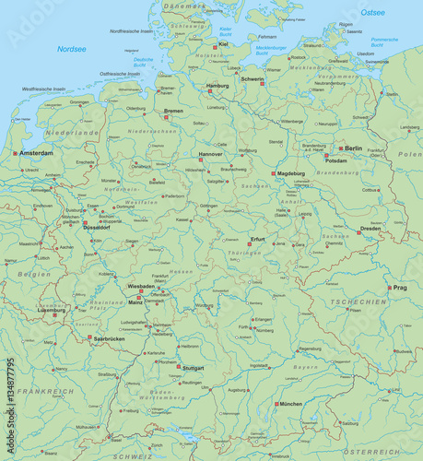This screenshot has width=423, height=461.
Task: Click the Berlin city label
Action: point(354,148)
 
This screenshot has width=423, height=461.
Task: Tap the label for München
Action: point(290,404)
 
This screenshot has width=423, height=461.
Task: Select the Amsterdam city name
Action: point(37,152)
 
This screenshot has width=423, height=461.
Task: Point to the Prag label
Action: point(399,288)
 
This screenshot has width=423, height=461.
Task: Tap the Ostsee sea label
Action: point(373,13)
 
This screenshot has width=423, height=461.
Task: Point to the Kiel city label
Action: point(224,43)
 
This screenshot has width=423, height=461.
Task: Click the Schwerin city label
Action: point(253,79)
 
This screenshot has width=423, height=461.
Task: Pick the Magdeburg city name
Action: point(291,172)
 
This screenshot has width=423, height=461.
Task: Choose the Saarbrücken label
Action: point(109,339)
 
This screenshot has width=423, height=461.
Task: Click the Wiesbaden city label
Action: point(141,287)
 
